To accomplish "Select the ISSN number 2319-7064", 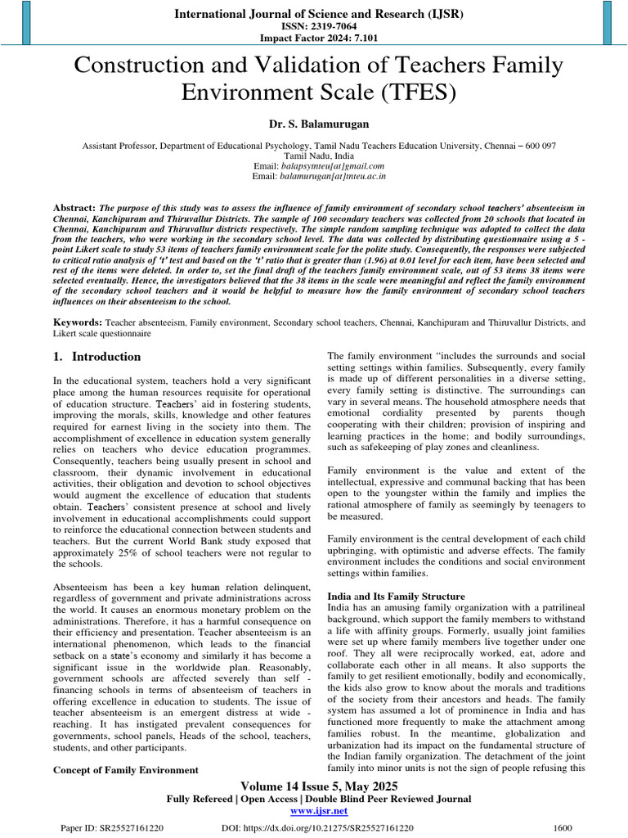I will pyautogui.click(x=314, y=25).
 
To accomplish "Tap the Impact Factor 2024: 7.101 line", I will pyautogui.click(x=314, y=38).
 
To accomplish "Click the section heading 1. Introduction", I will pyautogui.click(x=96, y=357).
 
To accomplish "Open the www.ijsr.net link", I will pyautogui.click(x=319, y=811).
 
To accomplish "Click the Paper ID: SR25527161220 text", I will pyautogui.click(x=112, y=828).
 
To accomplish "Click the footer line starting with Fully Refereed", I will pyautogui.click(x=319, y=799).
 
